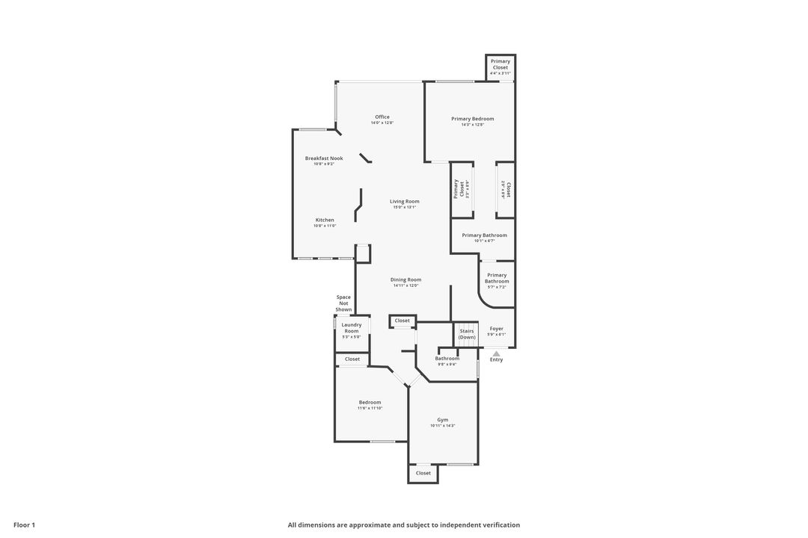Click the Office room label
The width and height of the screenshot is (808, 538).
pos(382,117)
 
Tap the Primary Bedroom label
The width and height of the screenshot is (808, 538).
pos(472,119)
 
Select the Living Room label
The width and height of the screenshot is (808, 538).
pos(404,201)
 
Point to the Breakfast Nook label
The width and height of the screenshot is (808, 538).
pos(324,158)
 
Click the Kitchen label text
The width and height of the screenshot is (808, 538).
pos(325,220)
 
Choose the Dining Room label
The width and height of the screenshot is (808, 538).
pos(405,279)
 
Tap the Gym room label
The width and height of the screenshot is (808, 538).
pos(443,420)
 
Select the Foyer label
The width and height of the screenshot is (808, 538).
pos(496,329)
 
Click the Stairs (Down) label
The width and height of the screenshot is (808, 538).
pos(467,334)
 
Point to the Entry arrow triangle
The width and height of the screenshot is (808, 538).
pos(496,353)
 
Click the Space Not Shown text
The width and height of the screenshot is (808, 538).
pos(343,303)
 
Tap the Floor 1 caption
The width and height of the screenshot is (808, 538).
pos(24,525)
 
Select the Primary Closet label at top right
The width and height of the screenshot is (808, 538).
pos(501,64)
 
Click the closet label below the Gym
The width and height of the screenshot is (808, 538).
pos(423,473)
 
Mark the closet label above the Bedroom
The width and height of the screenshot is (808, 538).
pos(352,359)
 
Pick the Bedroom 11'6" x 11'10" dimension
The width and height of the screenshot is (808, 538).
pos(370,408)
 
